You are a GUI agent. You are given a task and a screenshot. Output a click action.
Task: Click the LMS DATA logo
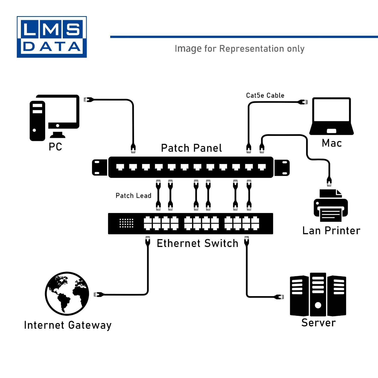click(x=52, y=37)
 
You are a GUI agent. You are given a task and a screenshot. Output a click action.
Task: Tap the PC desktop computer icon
click(x=54, y=117)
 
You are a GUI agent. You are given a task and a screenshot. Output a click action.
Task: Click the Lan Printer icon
click(x=330, y=206)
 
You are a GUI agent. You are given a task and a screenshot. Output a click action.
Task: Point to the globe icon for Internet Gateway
click(x=67, y=294)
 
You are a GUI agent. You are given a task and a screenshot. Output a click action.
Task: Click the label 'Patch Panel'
click(x=191, y=148)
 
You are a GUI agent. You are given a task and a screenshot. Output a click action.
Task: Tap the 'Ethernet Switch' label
click(x=197, y=243)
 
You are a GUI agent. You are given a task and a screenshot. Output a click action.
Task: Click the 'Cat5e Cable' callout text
click(x=265, y=96)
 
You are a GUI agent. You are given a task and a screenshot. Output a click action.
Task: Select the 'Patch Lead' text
click(x=133, y=196)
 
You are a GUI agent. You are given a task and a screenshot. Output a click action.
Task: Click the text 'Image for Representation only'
click(x=239, y=49)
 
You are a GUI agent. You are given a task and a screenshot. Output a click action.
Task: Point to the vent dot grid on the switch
click(x=126, y=223)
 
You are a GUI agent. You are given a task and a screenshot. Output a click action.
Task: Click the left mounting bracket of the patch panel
click(x=100, y=167)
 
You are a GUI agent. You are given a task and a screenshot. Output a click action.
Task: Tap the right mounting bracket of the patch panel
click(x=282, y=168)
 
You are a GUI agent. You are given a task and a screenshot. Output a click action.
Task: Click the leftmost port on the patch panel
click(x=120, y=167)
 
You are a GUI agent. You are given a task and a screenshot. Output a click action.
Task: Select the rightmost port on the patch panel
click(x=262, y=167)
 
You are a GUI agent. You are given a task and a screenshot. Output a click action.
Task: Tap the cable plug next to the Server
click(x=279, y=297)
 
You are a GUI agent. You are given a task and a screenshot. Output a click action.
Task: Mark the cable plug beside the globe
click(x=99, y=294)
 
